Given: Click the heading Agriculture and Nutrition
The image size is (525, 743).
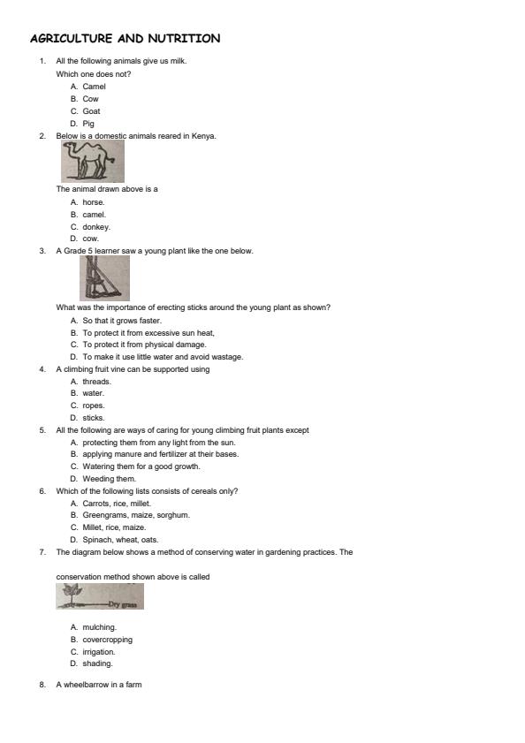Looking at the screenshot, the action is [x=125, y=39].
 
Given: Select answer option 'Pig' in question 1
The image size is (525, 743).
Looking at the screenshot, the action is [x=88, y=124].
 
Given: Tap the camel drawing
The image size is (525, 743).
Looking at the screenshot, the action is [x=92, y=162].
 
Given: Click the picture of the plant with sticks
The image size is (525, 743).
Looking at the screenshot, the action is [x=104, y=277].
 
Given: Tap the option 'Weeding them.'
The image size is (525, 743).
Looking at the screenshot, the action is [x=109, y=479].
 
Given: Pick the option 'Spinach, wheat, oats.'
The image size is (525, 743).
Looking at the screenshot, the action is [x=120, y=540].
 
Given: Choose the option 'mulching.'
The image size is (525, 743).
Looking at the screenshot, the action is [x=99, y=627].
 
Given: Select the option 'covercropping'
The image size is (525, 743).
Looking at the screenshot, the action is [x=108, y=640].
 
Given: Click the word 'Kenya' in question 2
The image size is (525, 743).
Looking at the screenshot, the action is [x=204, y=136].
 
